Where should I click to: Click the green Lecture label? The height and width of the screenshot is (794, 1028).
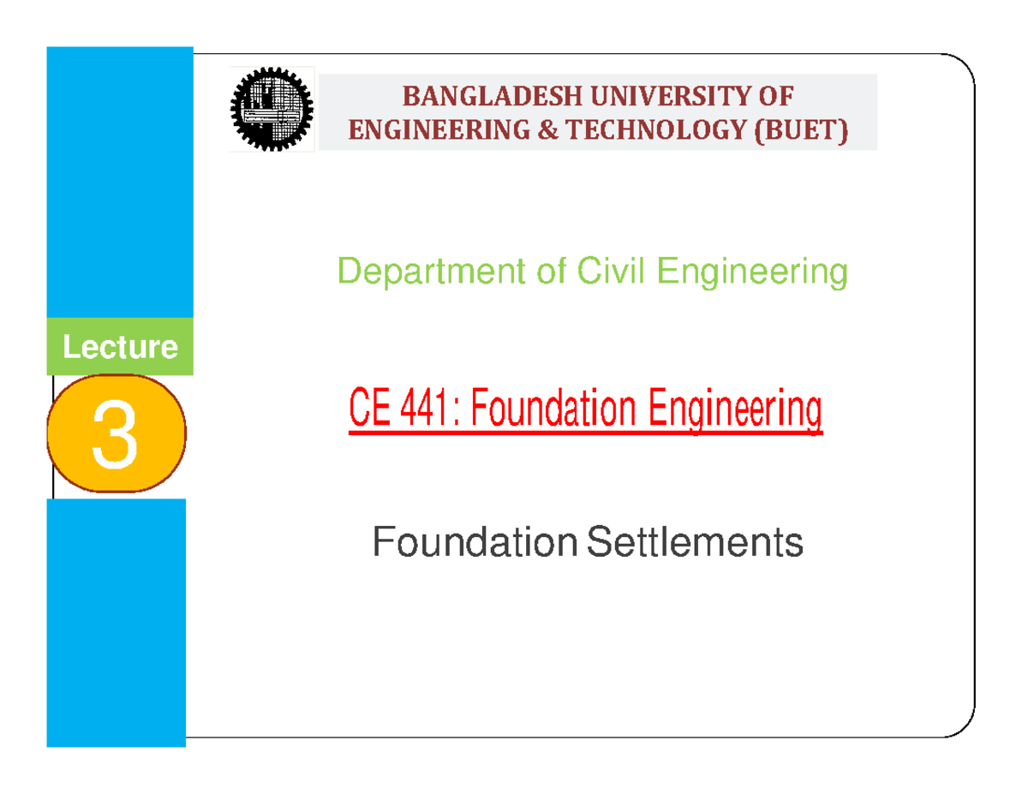(120, 348)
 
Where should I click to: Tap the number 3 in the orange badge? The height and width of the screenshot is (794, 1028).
(116, 436)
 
